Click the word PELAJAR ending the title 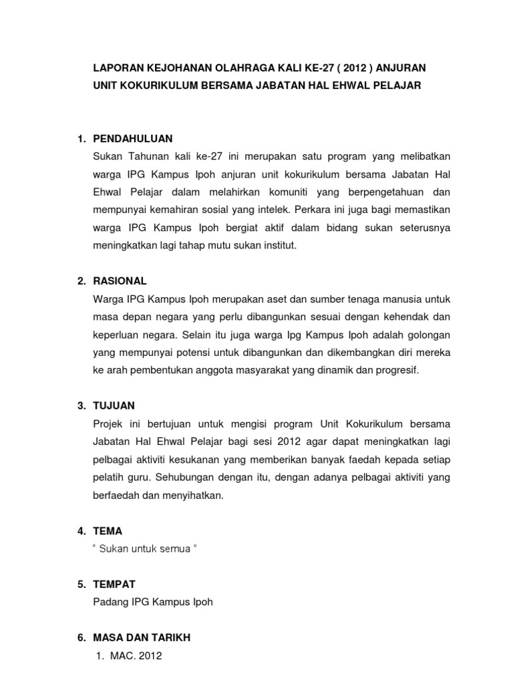[397, 86]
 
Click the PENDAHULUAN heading [134, 139]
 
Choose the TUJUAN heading [115, 405]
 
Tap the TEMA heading [109, 531]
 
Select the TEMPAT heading [118, 584]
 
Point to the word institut [275, 245]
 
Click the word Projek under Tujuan [111, 423]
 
